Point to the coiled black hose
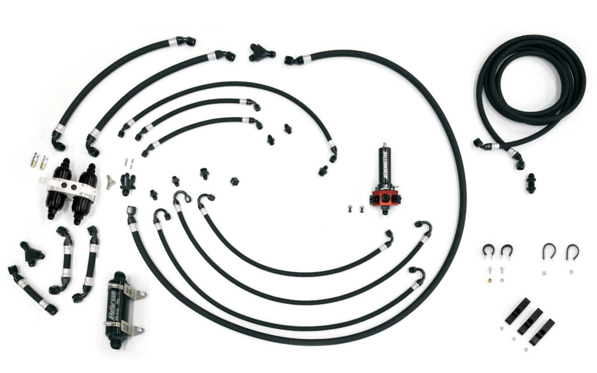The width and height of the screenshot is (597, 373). (531, 87)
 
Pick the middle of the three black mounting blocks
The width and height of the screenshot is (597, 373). (529, 322)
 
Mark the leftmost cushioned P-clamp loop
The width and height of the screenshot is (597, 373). (487, 250)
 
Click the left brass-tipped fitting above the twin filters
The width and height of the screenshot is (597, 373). (33, 160)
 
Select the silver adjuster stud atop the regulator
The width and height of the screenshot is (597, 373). (385, 144)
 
